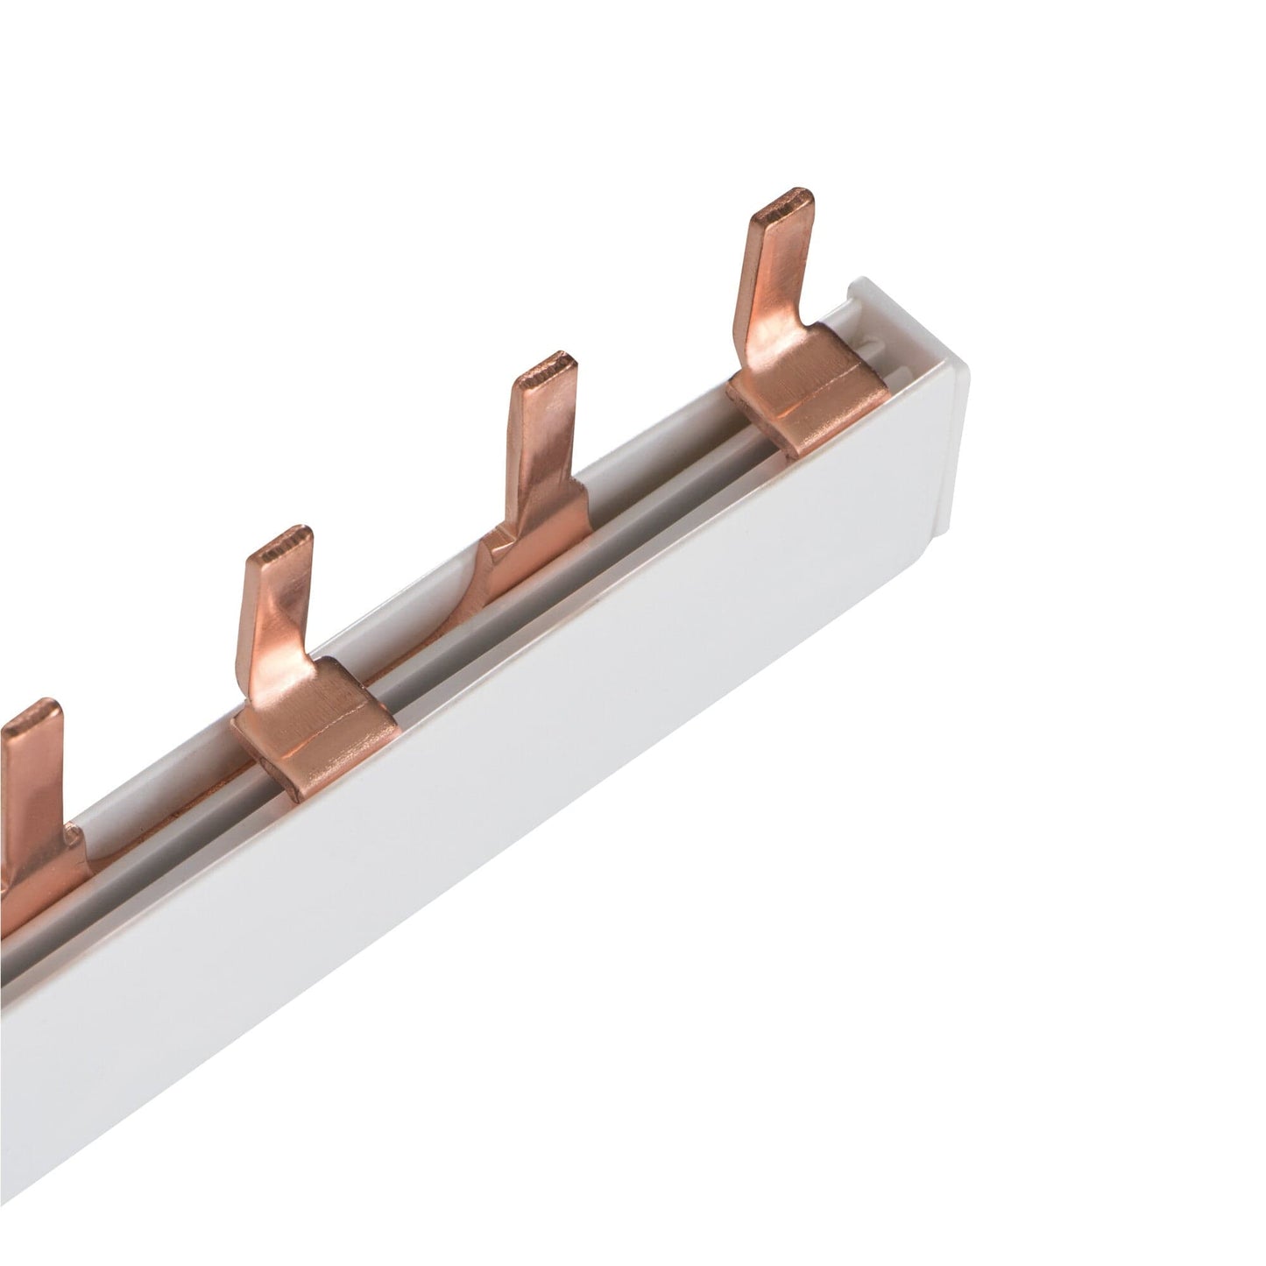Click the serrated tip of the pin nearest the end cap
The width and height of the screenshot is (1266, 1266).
785,207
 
